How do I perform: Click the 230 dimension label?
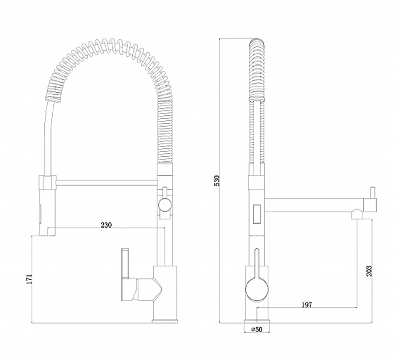coord(106,225)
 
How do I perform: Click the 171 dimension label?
coord(29,279)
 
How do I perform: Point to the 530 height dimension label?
coord(217,181)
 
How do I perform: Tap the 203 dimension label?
coord(369,271)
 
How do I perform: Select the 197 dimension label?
coord(307,305)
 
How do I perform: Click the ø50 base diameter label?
coord(257,329)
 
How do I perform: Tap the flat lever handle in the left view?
coord(125,263)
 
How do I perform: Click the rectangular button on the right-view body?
coord(257,214)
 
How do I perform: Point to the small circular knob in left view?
coord(164,204)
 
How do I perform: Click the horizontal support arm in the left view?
coord(107,182)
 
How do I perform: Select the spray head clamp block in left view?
coord(47,182)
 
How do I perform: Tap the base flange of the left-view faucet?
coord(165,321)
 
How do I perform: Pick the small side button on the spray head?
coord(40,213)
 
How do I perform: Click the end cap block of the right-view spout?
coord(370,205)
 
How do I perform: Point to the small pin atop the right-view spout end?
coord(373,193)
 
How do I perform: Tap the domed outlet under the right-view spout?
coord(357,214)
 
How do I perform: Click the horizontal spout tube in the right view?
coord(314,205)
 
